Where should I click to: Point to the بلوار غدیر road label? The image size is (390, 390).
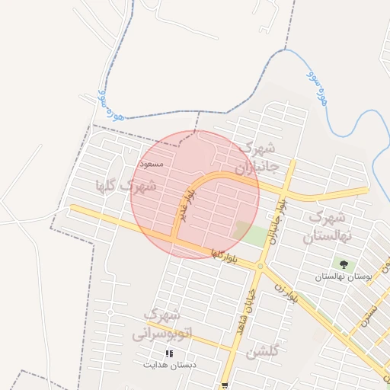click(183, 205)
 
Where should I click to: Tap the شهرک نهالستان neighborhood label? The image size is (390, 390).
click(328, 227)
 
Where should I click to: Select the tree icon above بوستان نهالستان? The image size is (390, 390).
click(344, 264)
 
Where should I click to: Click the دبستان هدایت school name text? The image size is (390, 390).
click(169, 365)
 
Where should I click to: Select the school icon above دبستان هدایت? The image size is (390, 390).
click(169, 353)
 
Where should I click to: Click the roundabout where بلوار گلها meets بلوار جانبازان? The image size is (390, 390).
click(261, 267)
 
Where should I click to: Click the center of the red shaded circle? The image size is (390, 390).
click(195, 194)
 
